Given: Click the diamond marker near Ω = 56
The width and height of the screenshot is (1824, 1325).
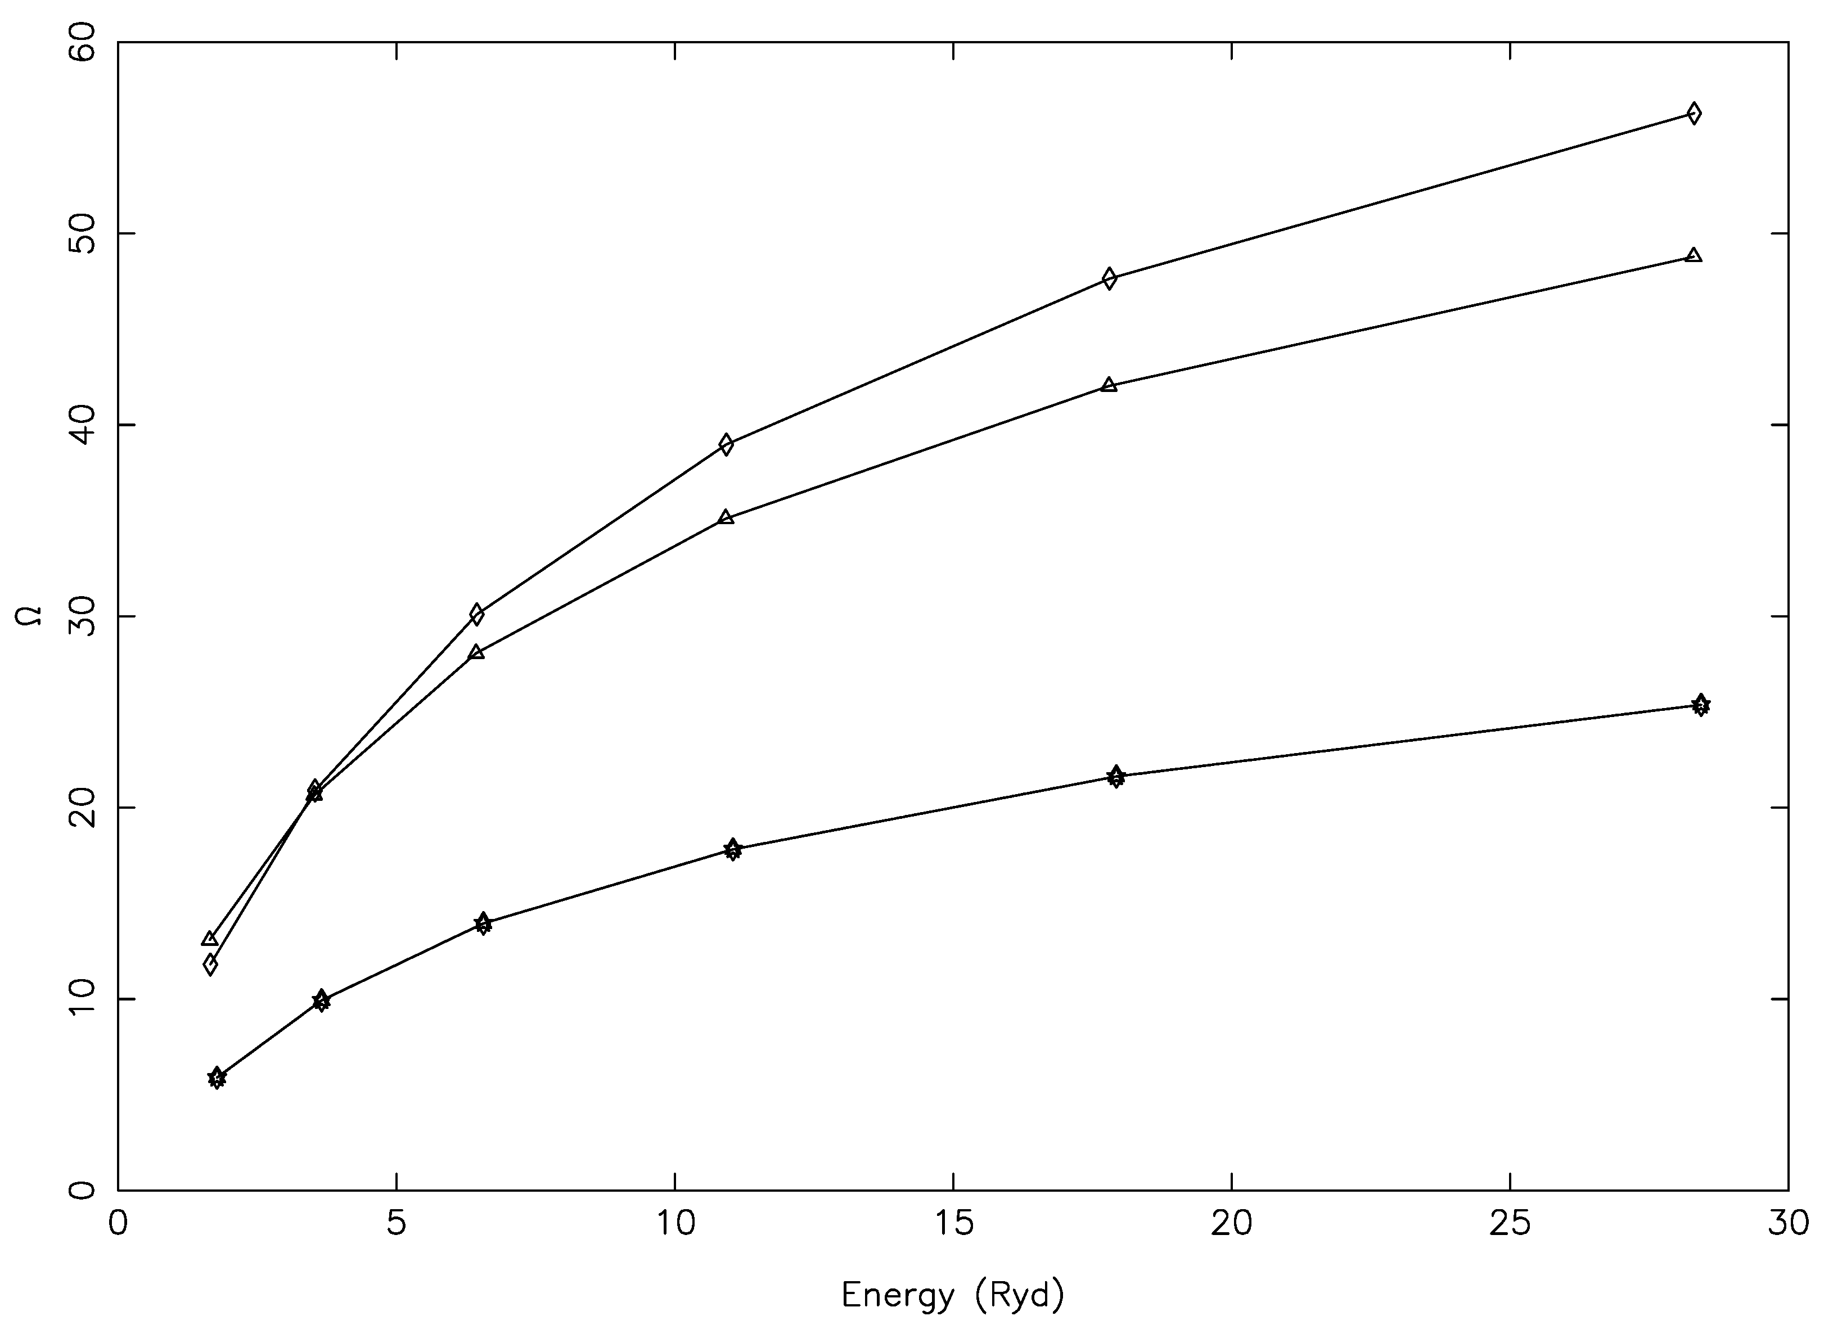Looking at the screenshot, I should [1693, 114].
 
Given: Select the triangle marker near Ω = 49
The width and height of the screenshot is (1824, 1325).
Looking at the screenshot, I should [1693, 255].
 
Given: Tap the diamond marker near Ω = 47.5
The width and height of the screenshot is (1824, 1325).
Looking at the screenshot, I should [1109, 279].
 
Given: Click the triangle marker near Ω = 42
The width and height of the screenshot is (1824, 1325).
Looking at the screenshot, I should [1109, 384].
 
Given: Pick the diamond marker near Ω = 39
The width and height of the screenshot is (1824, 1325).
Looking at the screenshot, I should [726, 444].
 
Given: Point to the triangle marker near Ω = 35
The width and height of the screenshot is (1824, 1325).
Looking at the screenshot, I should [726, 517].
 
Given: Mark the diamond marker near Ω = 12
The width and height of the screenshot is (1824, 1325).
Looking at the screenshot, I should [210, 964].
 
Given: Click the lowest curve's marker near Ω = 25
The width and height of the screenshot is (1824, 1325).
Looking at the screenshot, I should [1700, 705].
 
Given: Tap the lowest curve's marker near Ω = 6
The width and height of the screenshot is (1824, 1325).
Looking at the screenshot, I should [217, 1078].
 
